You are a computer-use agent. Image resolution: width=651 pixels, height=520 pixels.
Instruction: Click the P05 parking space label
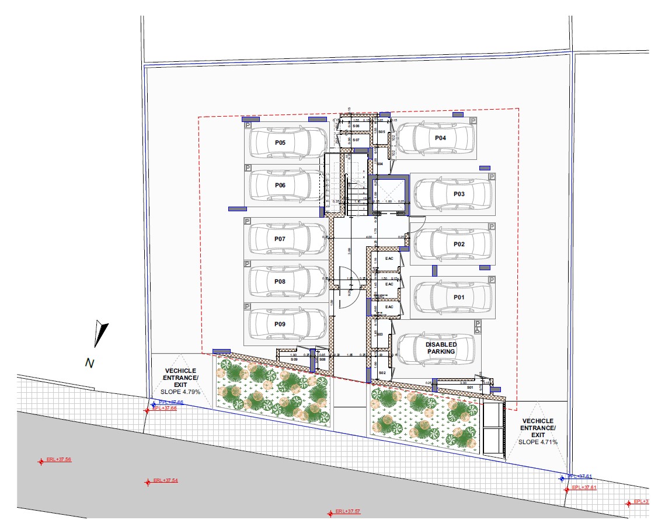tap(280, 142)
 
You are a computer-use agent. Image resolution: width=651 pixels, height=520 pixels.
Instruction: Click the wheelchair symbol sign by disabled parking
tap(478, 326)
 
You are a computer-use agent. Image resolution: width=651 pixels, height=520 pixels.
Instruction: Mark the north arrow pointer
tap(101, 333)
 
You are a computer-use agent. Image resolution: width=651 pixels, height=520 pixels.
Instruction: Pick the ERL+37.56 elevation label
tap(59, 460)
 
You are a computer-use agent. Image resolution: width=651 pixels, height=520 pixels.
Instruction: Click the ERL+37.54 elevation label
tap(165, 481)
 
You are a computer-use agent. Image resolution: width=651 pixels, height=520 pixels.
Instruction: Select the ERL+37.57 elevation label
tap(348, 512)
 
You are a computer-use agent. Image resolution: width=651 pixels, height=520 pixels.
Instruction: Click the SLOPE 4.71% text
tap(538, 442)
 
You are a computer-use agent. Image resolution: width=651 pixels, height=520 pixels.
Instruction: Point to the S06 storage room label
tap(356, 126)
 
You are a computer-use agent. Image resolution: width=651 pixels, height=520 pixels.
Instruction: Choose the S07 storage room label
tap(356, 141)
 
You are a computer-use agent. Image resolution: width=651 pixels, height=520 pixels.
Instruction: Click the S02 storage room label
tap(382, 372)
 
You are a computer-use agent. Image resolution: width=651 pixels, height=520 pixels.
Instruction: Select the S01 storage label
tap(469, 386)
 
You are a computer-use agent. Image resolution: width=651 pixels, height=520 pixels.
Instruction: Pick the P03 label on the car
tap(459, 194)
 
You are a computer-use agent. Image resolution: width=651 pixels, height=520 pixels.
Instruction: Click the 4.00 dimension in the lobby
tap(368, 238)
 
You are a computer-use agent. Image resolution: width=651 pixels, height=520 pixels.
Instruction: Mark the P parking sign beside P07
tap(248, 222)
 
